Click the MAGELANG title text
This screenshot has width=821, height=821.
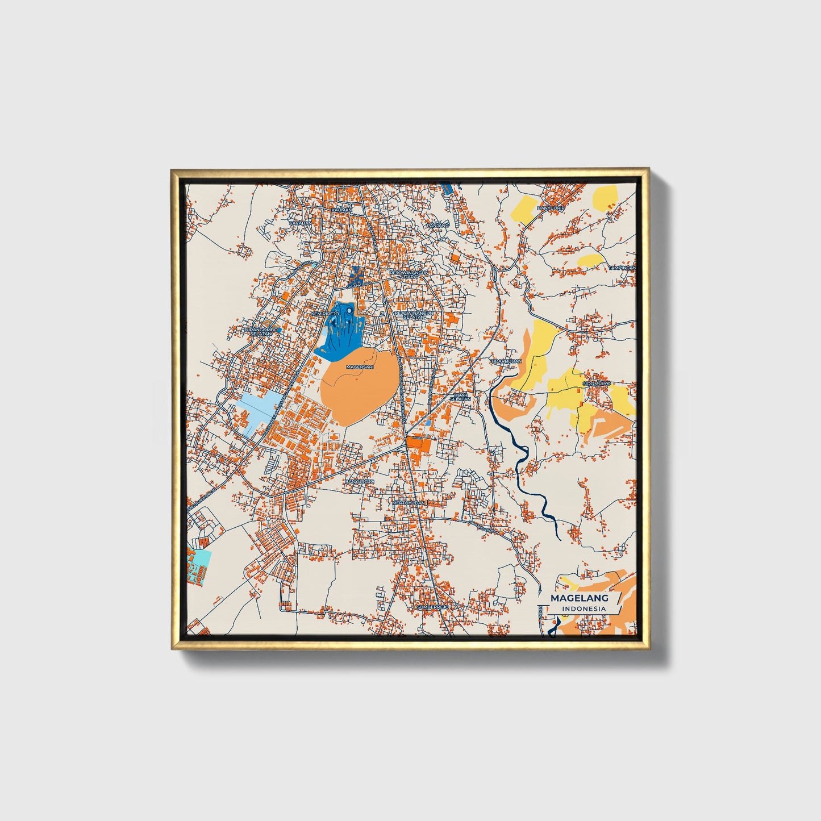click(579, 598)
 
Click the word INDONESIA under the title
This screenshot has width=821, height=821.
click(584, 609)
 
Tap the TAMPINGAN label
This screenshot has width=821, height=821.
click(622, 268)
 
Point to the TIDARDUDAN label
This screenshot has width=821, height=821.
click(506, 361)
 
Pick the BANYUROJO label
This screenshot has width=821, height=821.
click(360, 481)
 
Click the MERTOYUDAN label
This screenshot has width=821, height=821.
click(409, 503)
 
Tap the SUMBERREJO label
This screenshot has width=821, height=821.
click(433, 607)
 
